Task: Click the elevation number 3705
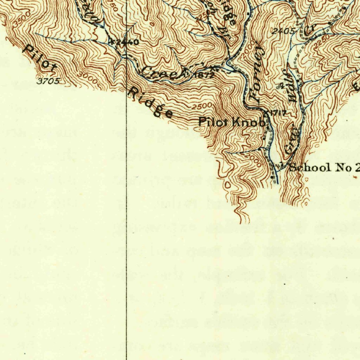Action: coord(49,81)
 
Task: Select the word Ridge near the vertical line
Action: coord(150,102)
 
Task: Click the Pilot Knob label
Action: coord(232,122)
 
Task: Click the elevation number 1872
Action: coord(204,75)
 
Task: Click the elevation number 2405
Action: coord(283,31)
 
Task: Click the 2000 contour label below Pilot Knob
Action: coord(253,159)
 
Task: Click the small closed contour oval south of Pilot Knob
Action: coord(227,184)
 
